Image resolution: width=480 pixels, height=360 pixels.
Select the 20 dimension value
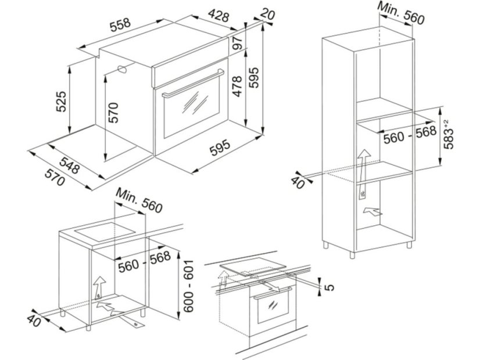[x=268, y=13]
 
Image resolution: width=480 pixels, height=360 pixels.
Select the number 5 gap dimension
[x=331, y=286]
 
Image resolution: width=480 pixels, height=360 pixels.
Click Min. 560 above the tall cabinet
[x=401, y=12]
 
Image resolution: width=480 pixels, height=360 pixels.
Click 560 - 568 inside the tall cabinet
[x=409, y=138]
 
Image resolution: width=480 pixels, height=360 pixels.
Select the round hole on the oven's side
[x=123, y=70]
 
